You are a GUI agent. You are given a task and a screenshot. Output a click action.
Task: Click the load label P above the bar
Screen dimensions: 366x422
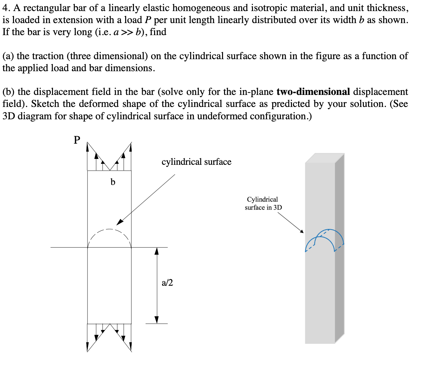point(77,140)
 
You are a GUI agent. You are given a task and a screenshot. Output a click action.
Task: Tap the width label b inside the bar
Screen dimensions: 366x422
point(113,182)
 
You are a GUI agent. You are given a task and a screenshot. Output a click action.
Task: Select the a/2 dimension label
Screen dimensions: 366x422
point(167,282)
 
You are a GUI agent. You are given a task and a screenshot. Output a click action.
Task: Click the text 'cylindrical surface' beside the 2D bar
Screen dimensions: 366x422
point(196,162)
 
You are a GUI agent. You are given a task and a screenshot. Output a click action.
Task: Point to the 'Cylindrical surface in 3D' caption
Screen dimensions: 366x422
point(263,203)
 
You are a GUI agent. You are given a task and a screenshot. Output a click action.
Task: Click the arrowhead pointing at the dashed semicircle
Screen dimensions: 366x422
point(120,222)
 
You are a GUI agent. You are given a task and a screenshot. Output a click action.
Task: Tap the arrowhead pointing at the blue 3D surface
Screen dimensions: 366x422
point(301,231)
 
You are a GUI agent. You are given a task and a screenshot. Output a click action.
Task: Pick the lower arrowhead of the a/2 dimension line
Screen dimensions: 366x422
point(157,320)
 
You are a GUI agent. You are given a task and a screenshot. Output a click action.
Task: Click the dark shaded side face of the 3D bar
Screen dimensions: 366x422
point(339,247)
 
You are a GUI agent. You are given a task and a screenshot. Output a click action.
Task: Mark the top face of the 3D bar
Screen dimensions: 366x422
point(324,158)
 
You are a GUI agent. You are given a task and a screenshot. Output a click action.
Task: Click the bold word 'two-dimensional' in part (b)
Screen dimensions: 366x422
point(313,92)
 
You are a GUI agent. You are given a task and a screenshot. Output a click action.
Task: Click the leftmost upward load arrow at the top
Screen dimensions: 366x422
point(87,148)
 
